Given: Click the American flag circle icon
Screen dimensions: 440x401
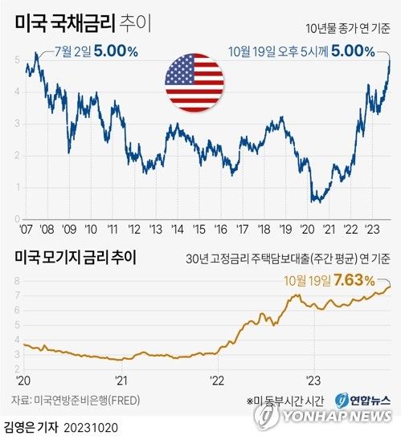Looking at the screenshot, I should click(194, 82).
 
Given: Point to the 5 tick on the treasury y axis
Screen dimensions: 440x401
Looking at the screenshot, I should click(17, 60).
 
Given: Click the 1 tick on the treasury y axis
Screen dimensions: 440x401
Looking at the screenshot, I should click(17, 185).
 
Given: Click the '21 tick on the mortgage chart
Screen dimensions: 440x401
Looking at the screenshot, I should click(121, 381).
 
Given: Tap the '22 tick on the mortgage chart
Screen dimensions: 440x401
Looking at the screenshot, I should click(216, 381).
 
